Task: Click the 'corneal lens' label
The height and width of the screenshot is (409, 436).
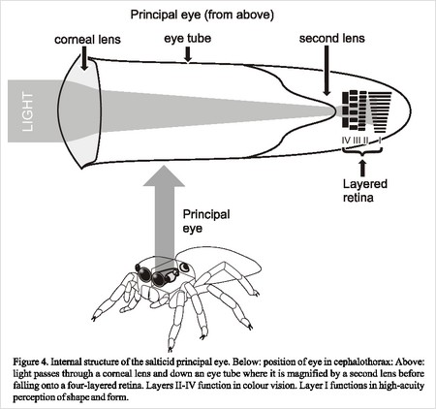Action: click(87, 40)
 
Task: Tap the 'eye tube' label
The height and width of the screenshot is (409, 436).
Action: click(188, 39)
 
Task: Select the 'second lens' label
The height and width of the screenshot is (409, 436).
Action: click(332, 39)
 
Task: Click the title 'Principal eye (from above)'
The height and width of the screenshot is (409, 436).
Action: click(202, 15)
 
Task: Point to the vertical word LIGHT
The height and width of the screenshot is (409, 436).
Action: click(28, 111)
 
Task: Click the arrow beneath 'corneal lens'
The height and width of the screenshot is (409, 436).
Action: click(84, 58)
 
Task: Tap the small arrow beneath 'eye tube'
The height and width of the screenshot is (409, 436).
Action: click(188, 54)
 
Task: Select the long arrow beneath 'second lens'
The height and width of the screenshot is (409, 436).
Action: click(327, 71)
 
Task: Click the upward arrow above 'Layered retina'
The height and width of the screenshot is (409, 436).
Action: click(363, 168)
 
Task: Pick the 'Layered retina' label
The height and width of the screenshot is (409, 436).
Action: click(365, 191)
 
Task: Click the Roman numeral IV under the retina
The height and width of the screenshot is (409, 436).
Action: click(346, 141)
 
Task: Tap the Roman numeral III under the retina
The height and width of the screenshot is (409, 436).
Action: click(357, 141)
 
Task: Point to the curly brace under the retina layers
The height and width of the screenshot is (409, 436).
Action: click(362, 151)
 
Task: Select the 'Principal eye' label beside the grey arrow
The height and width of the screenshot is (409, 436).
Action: click(206, 221)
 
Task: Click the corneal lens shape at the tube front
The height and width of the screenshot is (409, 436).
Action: click(79, 111)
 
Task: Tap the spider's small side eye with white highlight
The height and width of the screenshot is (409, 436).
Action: click(185, 267)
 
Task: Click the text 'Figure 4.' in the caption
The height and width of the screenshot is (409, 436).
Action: click(31, 362)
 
